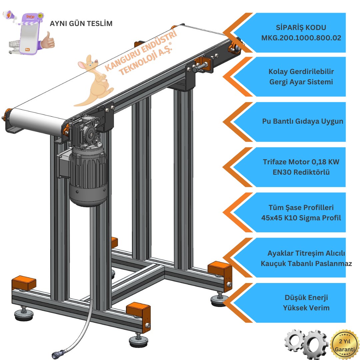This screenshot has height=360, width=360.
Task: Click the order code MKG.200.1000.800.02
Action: pyautogui.click(x=301, y=38)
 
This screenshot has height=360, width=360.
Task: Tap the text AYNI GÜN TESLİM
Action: pyautogui.click(x=81, y=24)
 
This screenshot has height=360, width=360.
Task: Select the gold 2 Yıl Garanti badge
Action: pyautogui.click(x=345, y=345)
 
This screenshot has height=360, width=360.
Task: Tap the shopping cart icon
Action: pyautogui.click(x=13, y=46)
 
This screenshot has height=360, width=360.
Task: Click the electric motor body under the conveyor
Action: pyautogui.click(x=88, y=177)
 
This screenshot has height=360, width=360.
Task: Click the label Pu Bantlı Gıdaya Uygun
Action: pyautogui.click(x=302, y=121)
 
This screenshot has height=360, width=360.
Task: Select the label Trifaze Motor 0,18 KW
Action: pyautogui.click(x=301, y=162)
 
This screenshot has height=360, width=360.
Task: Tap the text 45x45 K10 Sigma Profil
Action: pyautogui.click(x=301, y=218)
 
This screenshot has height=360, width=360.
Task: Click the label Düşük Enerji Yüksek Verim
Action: pyautogui.click(x=301, y=302)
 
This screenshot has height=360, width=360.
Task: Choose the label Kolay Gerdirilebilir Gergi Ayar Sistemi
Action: pyautogui.click(x=301, y=77)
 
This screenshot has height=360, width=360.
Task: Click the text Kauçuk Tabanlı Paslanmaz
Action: pyautogui.click(x=306, y=263)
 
